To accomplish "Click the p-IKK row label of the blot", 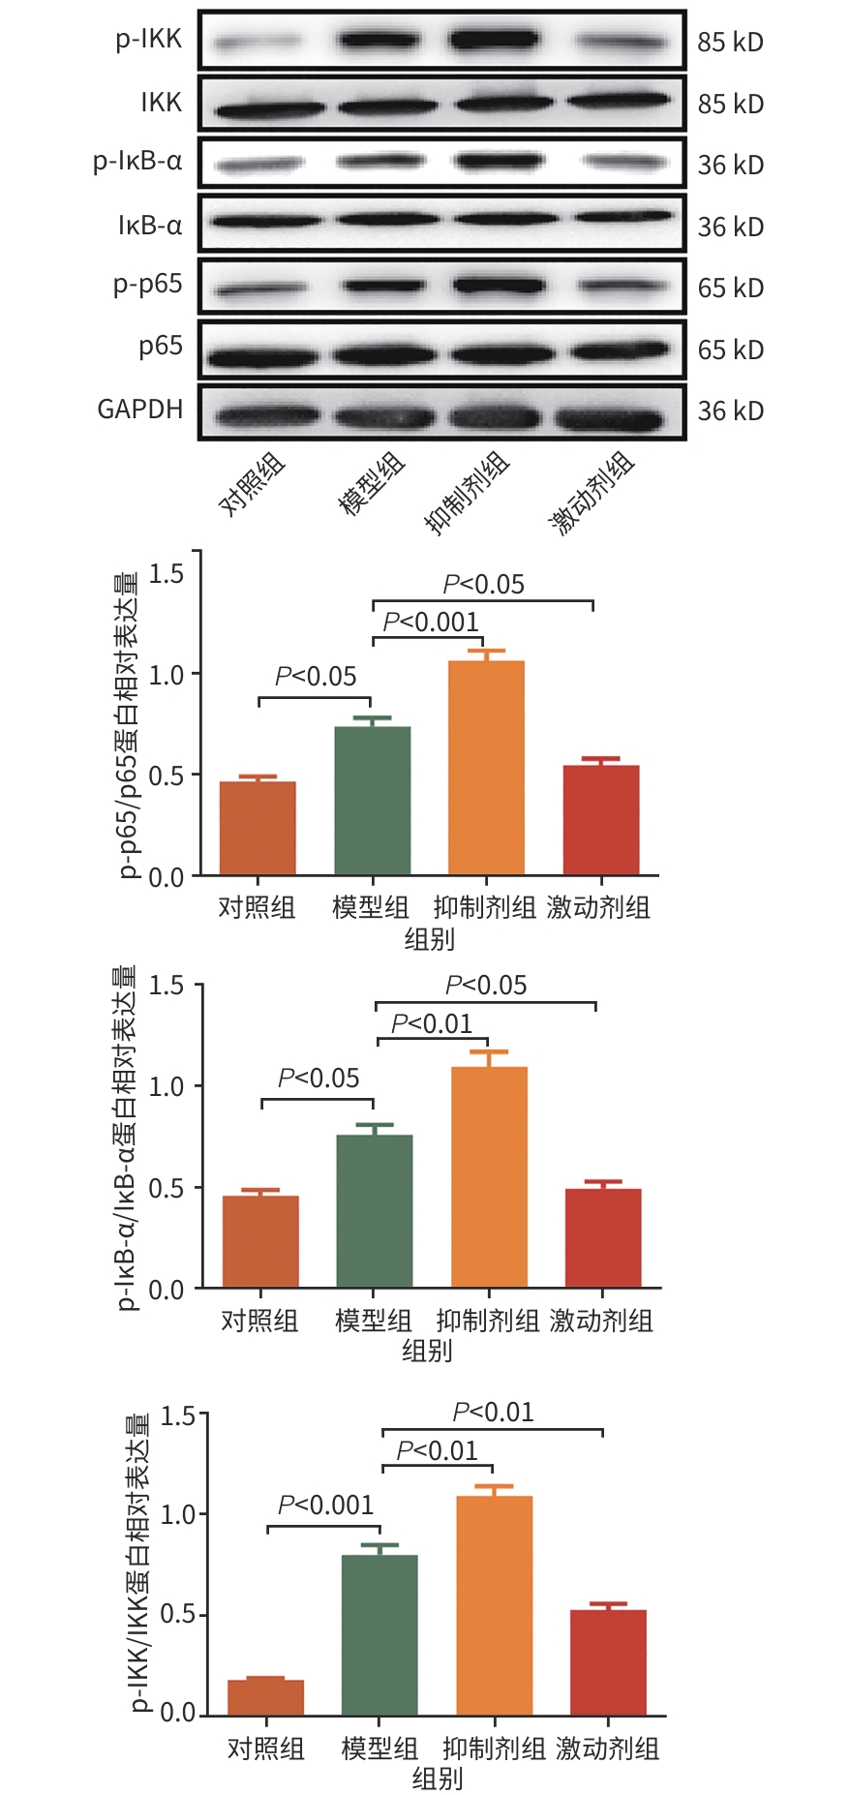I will click(148, 40).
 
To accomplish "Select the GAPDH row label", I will click(139, 410).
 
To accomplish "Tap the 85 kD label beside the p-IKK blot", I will click(730, 43).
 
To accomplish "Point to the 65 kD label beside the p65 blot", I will click(730, 350).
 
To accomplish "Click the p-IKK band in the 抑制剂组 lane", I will click(494, 40).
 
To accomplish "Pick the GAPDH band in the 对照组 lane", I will click(267, 416).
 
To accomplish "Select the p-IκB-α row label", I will click(137, 162).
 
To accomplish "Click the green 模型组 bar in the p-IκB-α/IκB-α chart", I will click(375, 1210).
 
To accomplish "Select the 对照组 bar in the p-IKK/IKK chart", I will click(265, 1697).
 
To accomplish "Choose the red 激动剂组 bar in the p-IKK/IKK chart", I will click(608, 1661).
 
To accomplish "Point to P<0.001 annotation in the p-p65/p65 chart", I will click(431, 623).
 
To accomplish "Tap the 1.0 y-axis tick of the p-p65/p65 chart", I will click(167, 675).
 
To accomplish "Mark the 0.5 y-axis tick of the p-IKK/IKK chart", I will click(177, 1615).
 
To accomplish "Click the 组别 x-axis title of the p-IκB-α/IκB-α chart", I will click(427, 1351).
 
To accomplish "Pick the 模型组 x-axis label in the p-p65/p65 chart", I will click(371, 908).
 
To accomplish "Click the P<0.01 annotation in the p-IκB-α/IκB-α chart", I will click(432, 1024).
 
